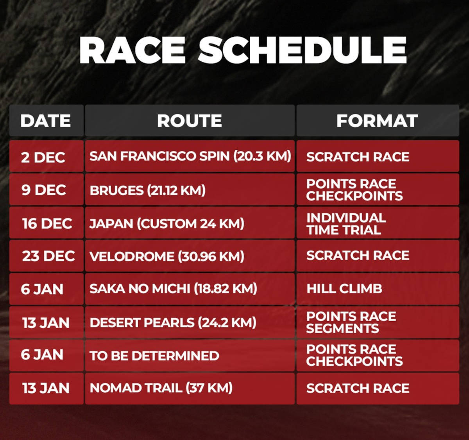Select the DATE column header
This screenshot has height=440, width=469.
pos(46,121)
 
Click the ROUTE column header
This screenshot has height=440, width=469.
pos(190,121)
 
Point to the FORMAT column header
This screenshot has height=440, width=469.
pos(377,121)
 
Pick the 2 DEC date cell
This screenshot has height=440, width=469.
pos(43,157)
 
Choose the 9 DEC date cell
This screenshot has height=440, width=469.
pos(43,190)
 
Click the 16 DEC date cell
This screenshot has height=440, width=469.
pos(47,224)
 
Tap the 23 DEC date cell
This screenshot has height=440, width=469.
pos(48,256)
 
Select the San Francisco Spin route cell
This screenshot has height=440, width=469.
pos(190,156)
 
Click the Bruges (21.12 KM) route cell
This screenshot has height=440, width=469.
pos(147,190)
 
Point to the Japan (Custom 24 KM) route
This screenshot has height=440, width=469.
pos(167,224)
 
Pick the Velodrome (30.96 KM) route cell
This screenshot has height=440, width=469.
pos(167,256)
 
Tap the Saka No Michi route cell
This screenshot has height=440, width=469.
pos(173,289)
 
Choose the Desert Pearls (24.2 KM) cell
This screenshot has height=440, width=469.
pos(173,322)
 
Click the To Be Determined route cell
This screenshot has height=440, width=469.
pos(154,356)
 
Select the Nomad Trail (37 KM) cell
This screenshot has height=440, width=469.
pos(161,388)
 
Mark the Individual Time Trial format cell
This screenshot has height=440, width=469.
pos(346,224)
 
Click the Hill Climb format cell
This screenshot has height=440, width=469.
pos(344,289)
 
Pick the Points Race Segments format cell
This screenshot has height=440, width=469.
pos(351,322)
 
